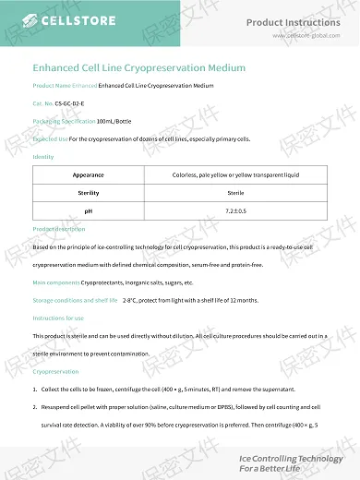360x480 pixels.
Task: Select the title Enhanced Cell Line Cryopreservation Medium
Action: [138, 67]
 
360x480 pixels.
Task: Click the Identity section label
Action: [43, 157]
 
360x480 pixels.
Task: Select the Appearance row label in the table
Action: [89, 174]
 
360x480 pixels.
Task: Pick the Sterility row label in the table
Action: [89, 193]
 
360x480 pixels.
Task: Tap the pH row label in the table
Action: [89, 211]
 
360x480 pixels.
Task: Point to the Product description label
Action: [58, 228]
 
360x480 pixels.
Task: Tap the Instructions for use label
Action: [58, 318]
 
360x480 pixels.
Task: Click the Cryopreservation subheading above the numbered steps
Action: [55, 371]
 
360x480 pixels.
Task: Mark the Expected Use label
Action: [50, 138]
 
